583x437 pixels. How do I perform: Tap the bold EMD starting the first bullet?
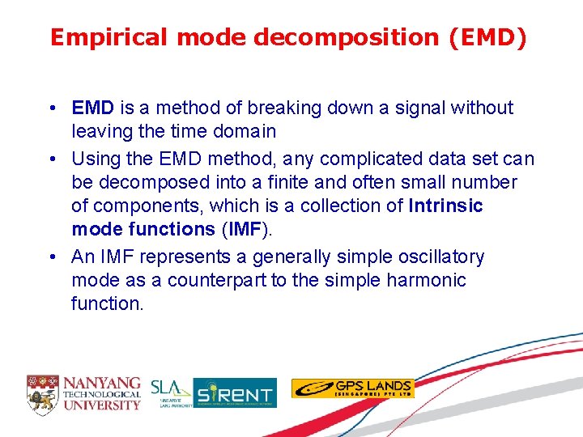92,108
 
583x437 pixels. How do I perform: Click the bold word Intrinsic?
446,206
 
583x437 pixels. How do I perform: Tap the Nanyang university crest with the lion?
43,392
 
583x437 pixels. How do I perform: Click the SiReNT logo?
235,393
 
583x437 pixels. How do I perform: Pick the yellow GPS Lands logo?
352,388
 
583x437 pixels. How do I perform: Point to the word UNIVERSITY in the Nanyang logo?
102,405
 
